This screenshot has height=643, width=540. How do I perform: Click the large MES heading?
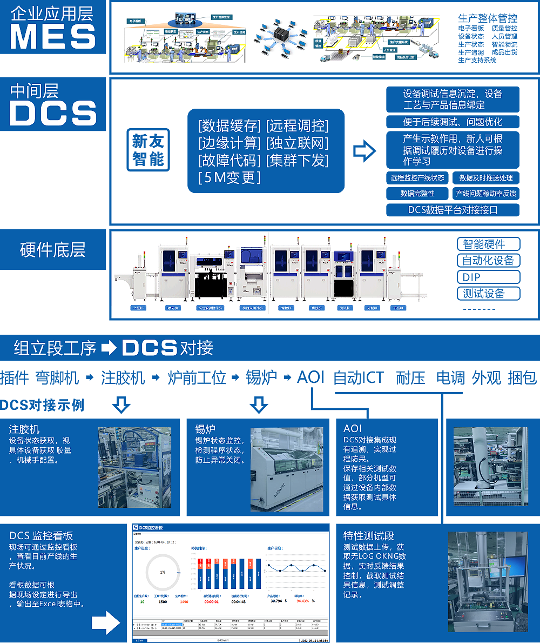pos(53,37)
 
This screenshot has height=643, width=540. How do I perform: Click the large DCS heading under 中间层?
pos(53,114)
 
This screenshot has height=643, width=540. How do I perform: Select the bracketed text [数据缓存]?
pos(230,126)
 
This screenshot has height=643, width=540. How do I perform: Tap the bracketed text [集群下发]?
pos(298,160)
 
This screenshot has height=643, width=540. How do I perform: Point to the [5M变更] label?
pos(230,177)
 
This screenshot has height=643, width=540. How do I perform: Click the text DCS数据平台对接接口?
pos(453,210)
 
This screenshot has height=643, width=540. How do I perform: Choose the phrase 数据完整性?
pos(417,194)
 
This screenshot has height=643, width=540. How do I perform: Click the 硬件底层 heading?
pos(52,250)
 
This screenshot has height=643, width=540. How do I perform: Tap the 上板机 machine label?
pos(138,309)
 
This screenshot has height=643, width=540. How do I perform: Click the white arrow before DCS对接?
pos(109,348)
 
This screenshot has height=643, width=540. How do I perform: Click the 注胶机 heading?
pos(24,429)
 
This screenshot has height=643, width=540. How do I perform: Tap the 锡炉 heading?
pos(206,429)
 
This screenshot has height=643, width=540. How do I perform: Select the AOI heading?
pos(353,428)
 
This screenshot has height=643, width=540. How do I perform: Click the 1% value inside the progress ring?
pos(163,572)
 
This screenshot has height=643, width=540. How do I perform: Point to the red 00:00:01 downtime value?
pos(211,601)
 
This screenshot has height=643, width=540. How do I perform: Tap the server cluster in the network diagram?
pos(281,36)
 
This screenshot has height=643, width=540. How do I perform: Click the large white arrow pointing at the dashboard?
pos(105,622)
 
